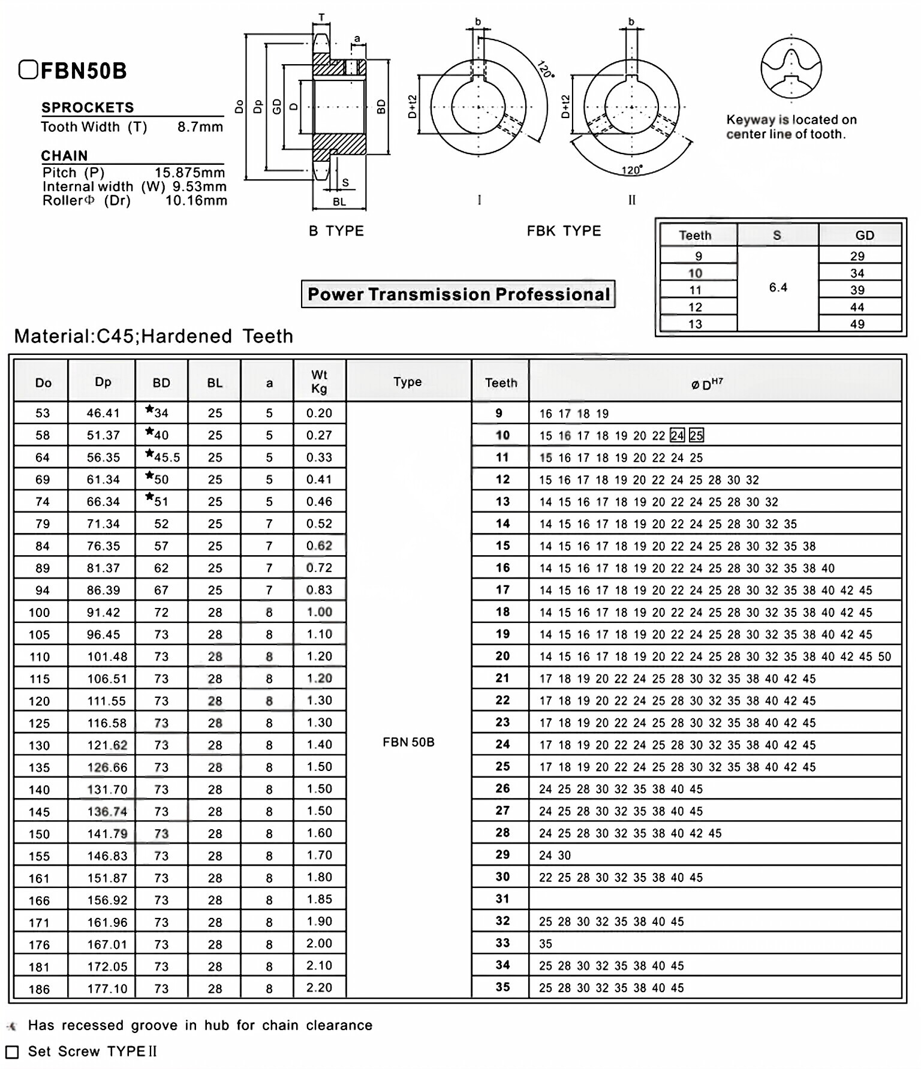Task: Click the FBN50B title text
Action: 83,71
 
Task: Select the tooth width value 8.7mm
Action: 200,127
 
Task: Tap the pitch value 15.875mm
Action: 189,173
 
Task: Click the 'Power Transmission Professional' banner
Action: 458,294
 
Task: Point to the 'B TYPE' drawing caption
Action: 336,231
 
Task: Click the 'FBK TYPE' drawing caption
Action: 564,231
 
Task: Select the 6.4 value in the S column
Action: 778,288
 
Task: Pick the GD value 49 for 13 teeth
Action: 857,324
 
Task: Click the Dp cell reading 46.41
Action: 103,413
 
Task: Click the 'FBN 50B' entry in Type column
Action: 408,742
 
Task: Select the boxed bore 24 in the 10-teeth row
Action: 677,436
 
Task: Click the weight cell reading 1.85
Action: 319,899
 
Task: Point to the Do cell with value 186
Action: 40,989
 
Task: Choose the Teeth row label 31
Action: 502,899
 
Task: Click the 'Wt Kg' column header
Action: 319,382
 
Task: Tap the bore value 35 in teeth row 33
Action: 545,944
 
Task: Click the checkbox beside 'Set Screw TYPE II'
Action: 12,1052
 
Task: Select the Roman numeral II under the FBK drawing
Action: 631,200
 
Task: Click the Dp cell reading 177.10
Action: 107,989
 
